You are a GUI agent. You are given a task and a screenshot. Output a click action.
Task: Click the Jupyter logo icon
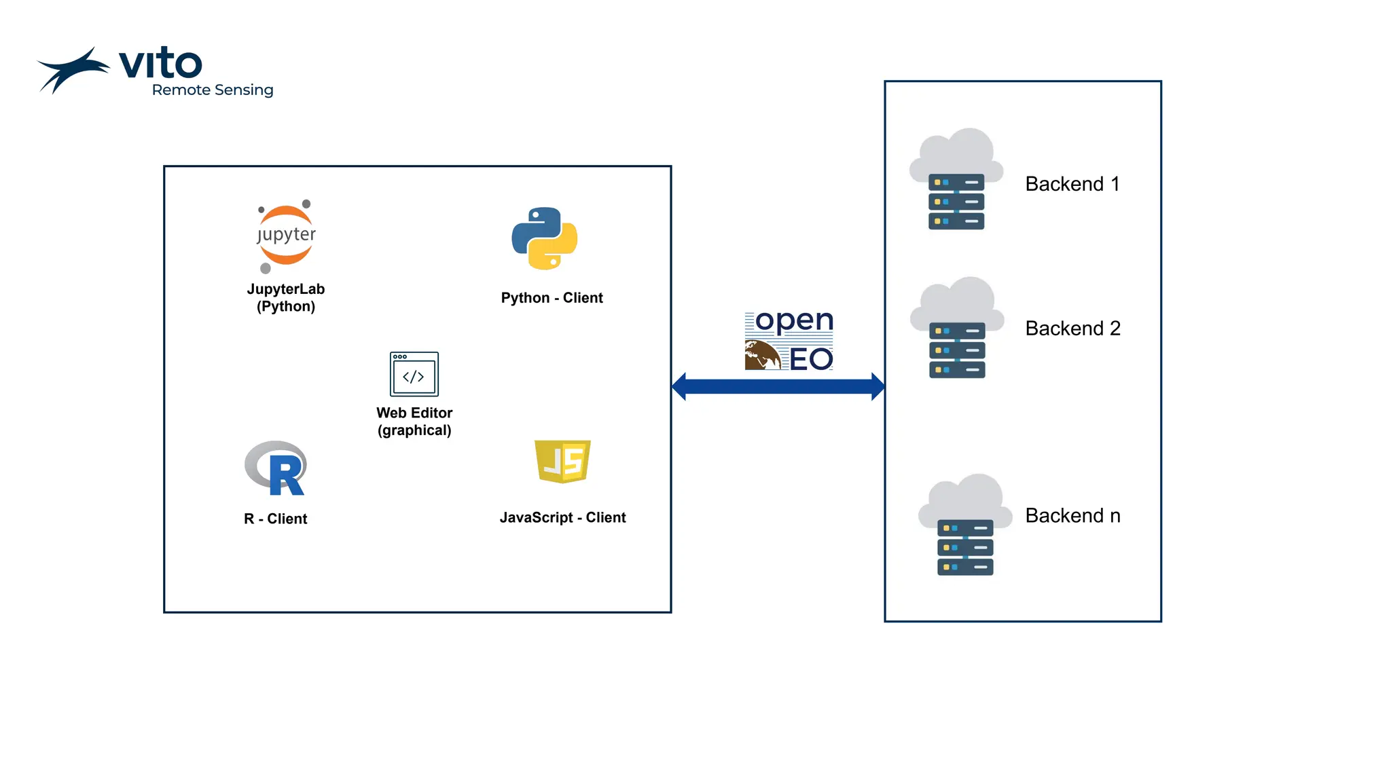tap(286, 236)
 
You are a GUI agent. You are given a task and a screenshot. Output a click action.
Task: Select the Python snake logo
tap(545, 238)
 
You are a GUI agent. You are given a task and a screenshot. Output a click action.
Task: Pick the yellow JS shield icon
tap(562, 461)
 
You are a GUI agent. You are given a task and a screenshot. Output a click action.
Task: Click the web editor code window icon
tap(414, 374)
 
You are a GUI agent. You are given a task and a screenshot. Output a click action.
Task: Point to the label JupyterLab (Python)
tap(286, 297)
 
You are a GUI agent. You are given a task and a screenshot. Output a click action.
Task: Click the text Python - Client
tap(552, 298)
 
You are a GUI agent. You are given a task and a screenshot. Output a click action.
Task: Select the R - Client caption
tap(275, 519)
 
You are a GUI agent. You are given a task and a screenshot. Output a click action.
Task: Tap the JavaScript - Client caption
tap(562, 517)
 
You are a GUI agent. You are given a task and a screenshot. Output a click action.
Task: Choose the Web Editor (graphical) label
tap(414, 422)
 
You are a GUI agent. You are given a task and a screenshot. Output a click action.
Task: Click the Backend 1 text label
tap(1072, 184)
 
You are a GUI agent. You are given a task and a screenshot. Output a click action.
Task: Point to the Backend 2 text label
tap(1072, 329)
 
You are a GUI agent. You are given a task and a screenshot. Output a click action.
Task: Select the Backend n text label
tap(1072, 516)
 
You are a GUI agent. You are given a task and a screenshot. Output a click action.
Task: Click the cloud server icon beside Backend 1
tap(956, 179)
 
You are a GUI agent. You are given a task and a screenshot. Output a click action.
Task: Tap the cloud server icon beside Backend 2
tap(957, 328)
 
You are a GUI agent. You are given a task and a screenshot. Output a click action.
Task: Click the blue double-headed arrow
tap(778, 386)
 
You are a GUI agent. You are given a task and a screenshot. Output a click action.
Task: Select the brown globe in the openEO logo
tap(762, 355)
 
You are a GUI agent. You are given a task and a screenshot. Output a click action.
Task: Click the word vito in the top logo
tap(160, 64)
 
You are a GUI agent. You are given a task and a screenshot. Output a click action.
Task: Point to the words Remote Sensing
tap(213, 90)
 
